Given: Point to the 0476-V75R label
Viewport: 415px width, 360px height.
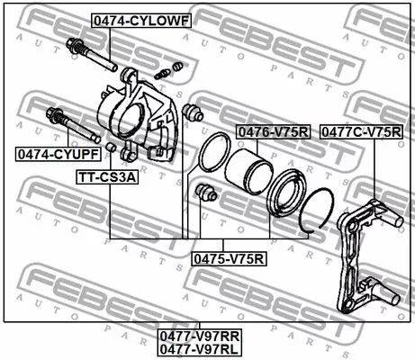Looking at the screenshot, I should (272, 132).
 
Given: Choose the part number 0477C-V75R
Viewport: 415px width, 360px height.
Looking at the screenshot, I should (361, 132).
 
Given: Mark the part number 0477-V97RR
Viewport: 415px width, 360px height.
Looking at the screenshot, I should (204, 335).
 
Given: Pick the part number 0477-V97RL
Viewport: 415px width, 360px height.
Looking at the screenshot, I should (204, 348).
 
